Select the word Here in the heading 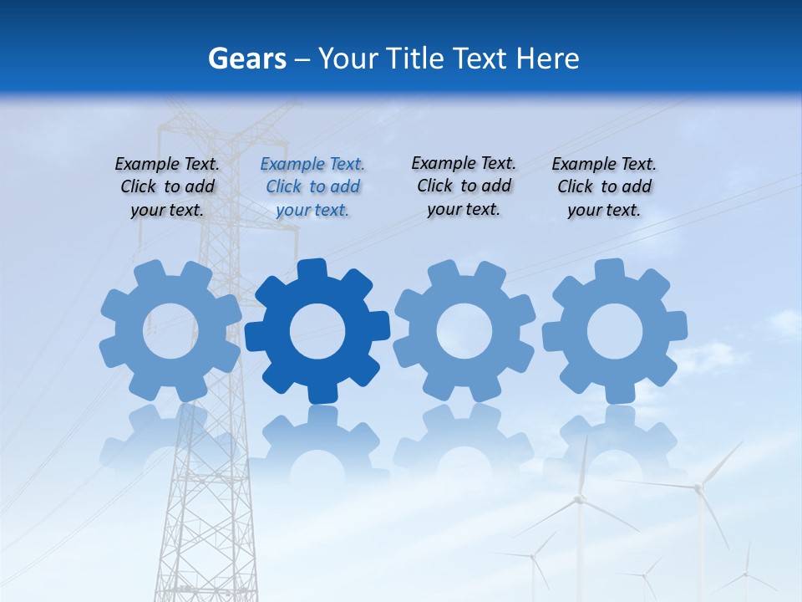tap(547, 59)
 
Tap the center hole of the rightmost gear tap(615, 331)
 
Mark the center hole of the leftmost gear tap(170, 330)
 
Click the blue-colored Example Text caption tap(312, 187)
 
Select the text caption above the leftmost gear tap(167, 187)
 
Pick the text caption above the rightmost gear tap(604, 187)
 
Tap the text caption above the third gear tap(464, 186)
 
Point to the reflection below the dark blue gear tap(317, 439)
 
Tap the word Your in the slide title tap(348, 59)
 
